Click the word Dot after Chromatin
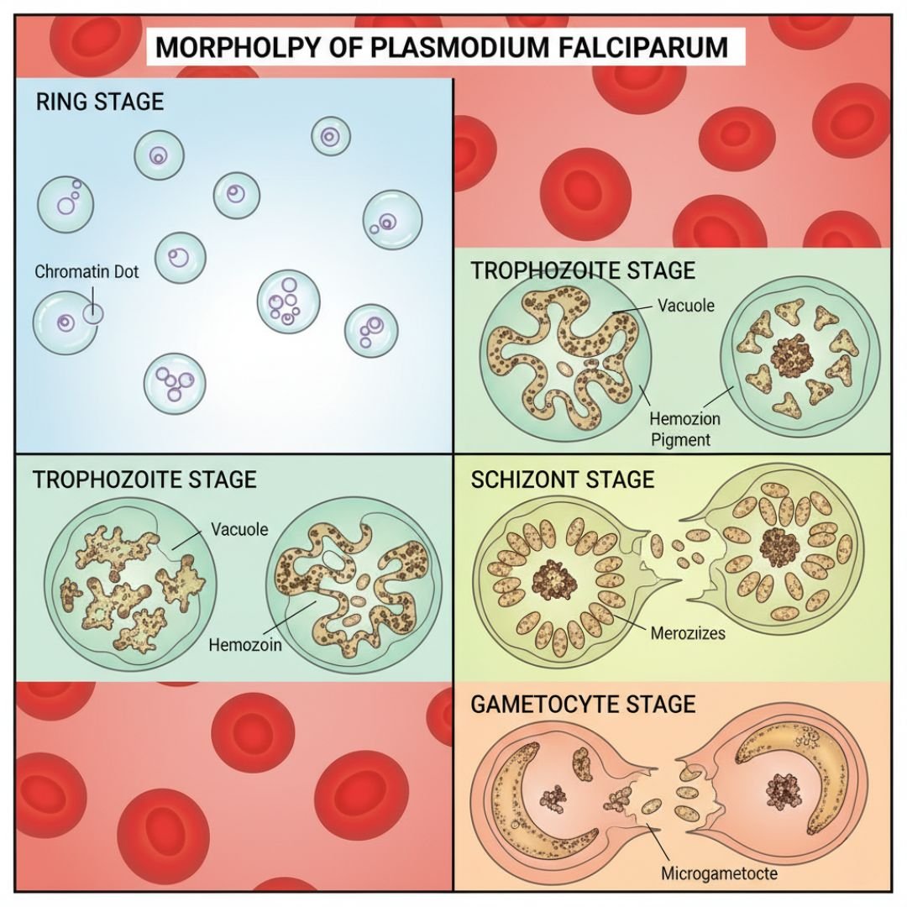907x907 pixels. (x=123, y=272)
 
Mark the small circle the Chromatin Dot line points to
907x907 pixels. (x=92, y=314)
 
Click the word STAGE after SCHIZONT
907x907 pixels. (x=621, y=480)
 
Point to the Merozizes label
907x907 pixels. (x=688, y=632)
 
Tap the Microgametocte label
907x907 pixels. (x=719, y=873)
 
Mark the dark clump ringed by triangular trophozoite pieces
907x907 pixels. (x=787, y=357)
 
